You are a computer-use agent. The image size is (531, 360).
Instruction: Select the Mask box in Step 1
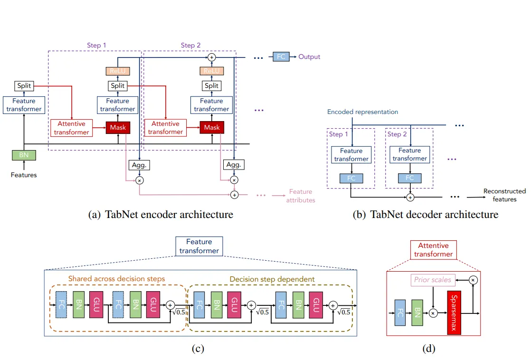point(117,127)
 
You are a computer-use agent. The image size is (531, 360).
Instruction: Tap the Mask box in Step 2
point(212,127)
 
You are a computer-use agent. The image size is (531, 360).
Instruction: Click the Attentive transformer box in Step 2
point(165,127)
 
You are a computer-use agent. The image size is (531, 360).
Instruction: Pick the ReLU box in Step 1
point(117,71)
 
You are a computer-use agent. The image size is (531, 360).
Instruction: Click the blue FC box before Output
point(281,57)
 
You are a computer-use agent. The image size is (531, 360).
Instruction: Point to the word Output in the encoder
point(309,57)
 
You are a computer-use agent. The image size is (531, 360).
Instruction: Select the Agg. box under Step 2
point(233,165)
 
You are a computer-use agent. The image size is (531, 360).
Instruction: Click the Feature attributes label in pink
point(300,196)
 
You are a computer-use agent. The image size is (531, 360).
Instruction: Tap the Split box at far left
point(24,86)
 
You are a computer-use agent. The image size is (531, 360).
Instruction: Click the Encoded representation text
point(362,112)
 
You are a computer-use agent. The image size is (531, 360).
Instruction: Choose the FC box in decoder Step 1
point(351,179)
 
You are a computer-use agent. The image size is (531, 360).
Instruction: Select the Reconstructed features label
point(504,195)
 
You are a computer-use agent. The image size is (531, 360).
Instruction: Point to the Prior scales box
point(432,280)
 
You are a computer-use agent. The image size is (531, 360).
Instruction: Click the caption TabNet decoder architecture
point(426,215)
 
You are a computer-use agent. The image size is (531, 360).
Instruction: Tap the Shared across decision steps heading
point(116,278)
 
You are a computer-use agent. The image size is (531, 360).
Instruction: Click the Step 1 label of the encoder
point(96,45)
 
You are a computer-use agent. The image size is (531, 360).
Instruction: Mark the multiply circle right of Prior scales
point(473,280)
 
